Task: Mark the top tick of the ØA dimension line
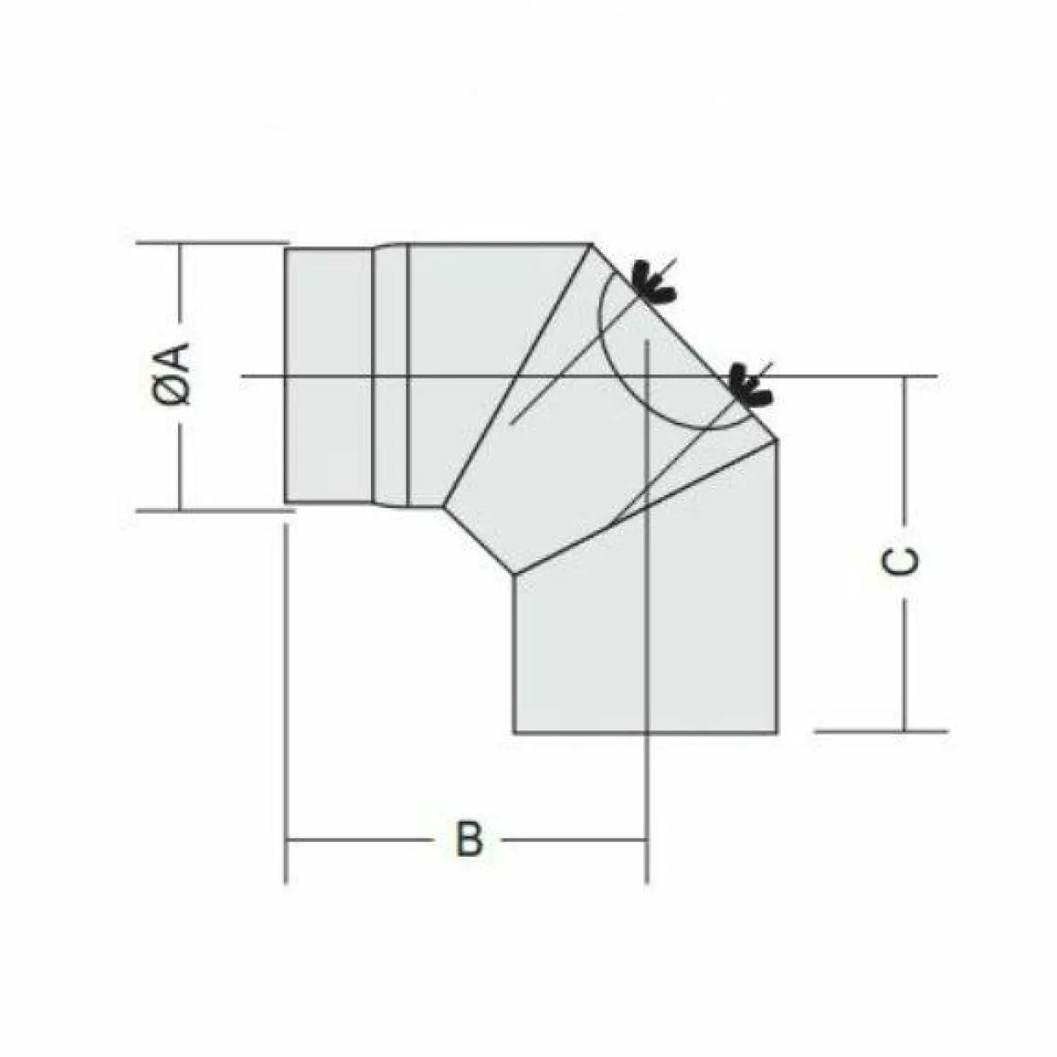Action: point(180,242)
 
